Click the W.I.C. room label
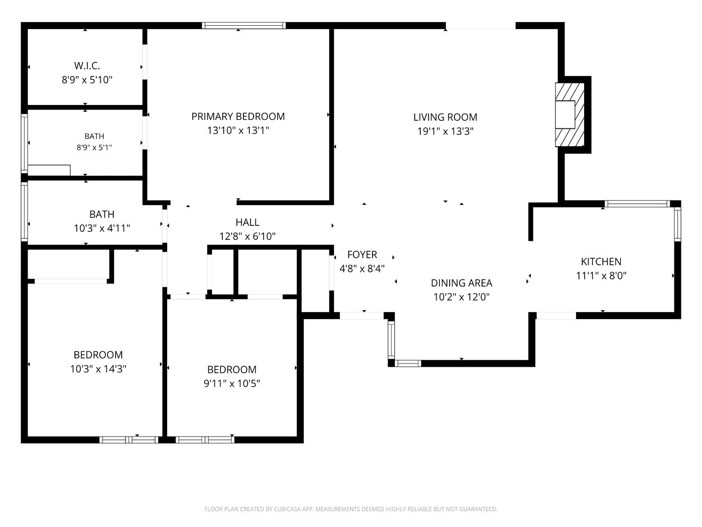tap(87, 66)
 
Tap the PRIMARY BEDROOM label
tap(238, 117)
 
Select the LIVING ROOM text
tap(445, 117)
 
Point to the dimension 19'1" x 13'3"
tap(445, 131)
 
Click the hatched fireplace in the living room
tap(570, 115)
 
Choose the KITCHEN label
tap(601, 262)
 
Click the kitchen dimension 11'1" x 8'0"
tap(601, 275)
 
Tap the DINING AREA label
tap(461, 283)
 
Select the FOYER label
tap(362, 255)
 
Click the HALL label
tap(247, 222)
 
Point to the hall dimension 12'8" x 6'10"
tap(247, 236)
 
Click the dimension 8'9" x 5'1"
tap(94, 148)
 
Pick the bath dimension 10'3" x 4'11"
tap(102, 228)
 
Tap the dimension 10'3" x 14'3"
tap(98, 369)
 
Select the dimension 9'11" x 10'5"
tap(232, 383)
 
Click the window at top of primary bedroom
tap(244, 26)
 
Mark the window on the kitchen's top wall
tap(637, 204)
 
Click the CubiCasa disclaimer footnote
tap(351, 509)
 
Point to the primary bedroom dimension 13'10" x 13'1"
tap(238, 131)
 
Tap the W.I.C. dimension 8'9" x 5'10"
tap(87, 80)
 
